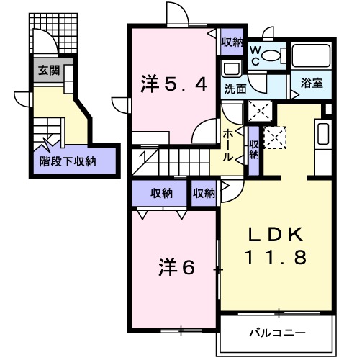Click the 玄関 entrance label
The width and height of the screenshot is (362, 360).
(50, 71)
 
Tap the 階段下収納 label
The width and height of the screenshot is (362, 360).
(68, 161)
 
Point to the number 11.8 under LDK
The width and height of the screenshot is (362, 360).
(279, 257)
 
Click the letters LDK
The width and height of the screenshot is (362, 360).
(278, 234)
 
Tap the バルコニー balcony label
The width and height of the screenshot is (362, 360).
(278, 333)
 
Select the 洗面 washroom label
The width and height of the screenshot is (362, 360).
(235, 90)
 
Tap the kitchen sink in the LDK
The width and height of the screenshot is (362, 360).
(322, 135)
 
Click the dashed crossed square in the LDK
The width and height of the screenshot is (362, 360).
(275, 136)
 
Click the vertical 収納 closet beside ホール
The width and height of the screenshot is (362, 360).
(253, 149)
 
